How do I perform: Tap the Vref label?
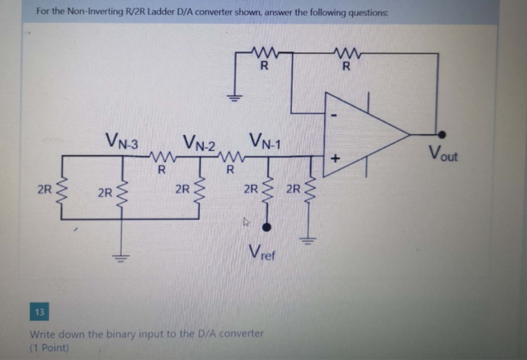(x=262, y=252)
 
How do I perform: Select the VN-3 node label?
(x=121, y=140)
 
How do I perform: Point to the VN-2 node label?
(x=199, y=143)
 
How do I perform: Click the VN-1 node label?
(x=265, y=141)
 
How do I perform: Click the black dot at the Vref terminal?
(x=266, y=227)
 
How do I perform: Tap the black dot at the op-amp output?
(x=441, y=135)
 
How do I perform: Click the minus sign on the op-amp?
(x=334, y=116)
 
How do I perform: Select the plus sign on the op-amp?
(x=335, y=158)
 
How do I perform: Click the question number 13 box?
(x=40, y=311)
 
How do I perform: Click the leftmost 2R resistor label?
(x=45, y=190)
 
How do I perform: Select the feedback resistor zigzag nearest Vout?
(x=348, y=53)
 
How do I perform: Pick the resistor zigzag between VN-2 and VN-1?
(x=231, y=156)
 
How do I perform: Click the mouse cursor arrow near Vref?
(x=247, y=221)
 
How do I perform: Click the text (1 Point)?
(x=49, y=348)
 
